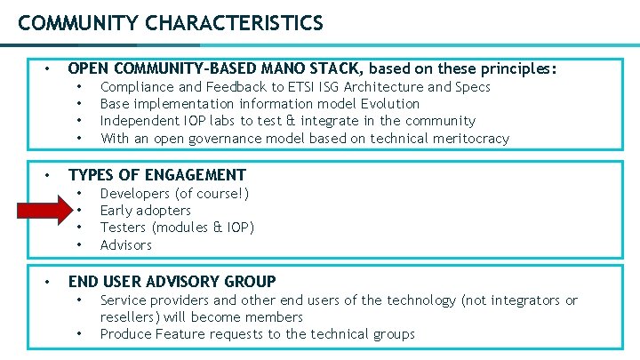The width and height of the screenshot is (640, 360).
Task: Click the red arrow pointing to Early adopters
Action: pyautogui.click(x=50, y=211)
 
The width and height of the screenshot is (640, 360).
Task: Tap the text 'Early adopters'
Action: pyautogui.click(x=145, y=211)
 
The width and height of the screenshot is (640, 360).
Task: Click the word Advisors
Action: pyautogui.click(x=126, y=244)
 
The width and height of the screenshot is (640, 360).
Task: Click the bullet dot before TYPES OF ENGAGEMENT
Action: pyautogui.click(x=50, y=175)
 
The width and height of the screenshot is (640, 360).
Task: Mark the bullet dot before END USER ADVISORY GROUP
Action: pyautogui.click(x=50, y=282)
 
